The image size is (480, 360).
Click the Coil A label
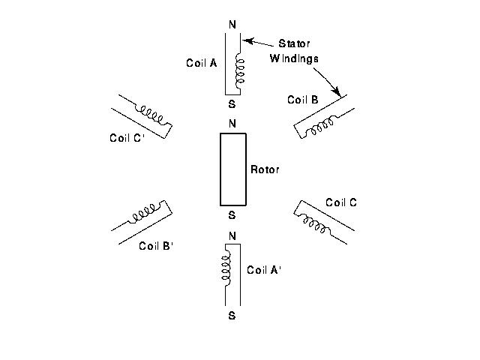pos(201,64)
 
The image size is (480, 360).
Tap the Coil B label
pos(303,100)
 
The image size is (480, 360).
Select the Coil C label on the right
pos(341,202)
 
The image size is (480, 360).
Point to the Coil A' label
pos(264,270)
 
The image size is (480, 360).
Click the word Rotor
pos(264,170)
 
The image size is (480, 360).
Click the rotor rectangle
pos(233,169)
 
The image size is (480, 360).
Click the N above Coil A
pos(232,25)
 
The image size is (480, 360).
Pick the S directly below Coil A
pos(232,104)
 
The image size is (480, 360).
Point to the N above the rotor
pos(232,124)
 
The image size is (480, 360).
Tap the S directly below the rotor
pos(232,215)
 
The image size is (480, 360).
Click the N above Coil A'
pos(232,236)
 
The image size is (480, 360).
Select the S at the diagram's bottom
pos(232,316)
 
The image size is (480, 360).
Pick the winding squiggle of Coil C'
pos(149,115)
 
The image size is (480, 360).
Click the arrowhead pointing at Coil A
pos(248,40)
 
